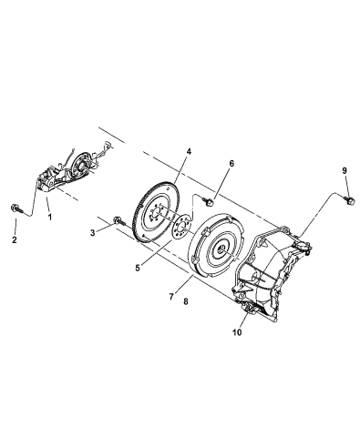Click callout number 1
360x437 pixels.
click(48, 218)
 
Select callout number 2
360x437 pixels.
click(14, 240)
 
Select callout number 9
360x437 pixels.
click(345, 170)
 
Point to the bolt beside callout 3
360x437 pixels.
click(119, 220)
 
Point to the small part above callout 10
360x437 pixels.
click(248, 312)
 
